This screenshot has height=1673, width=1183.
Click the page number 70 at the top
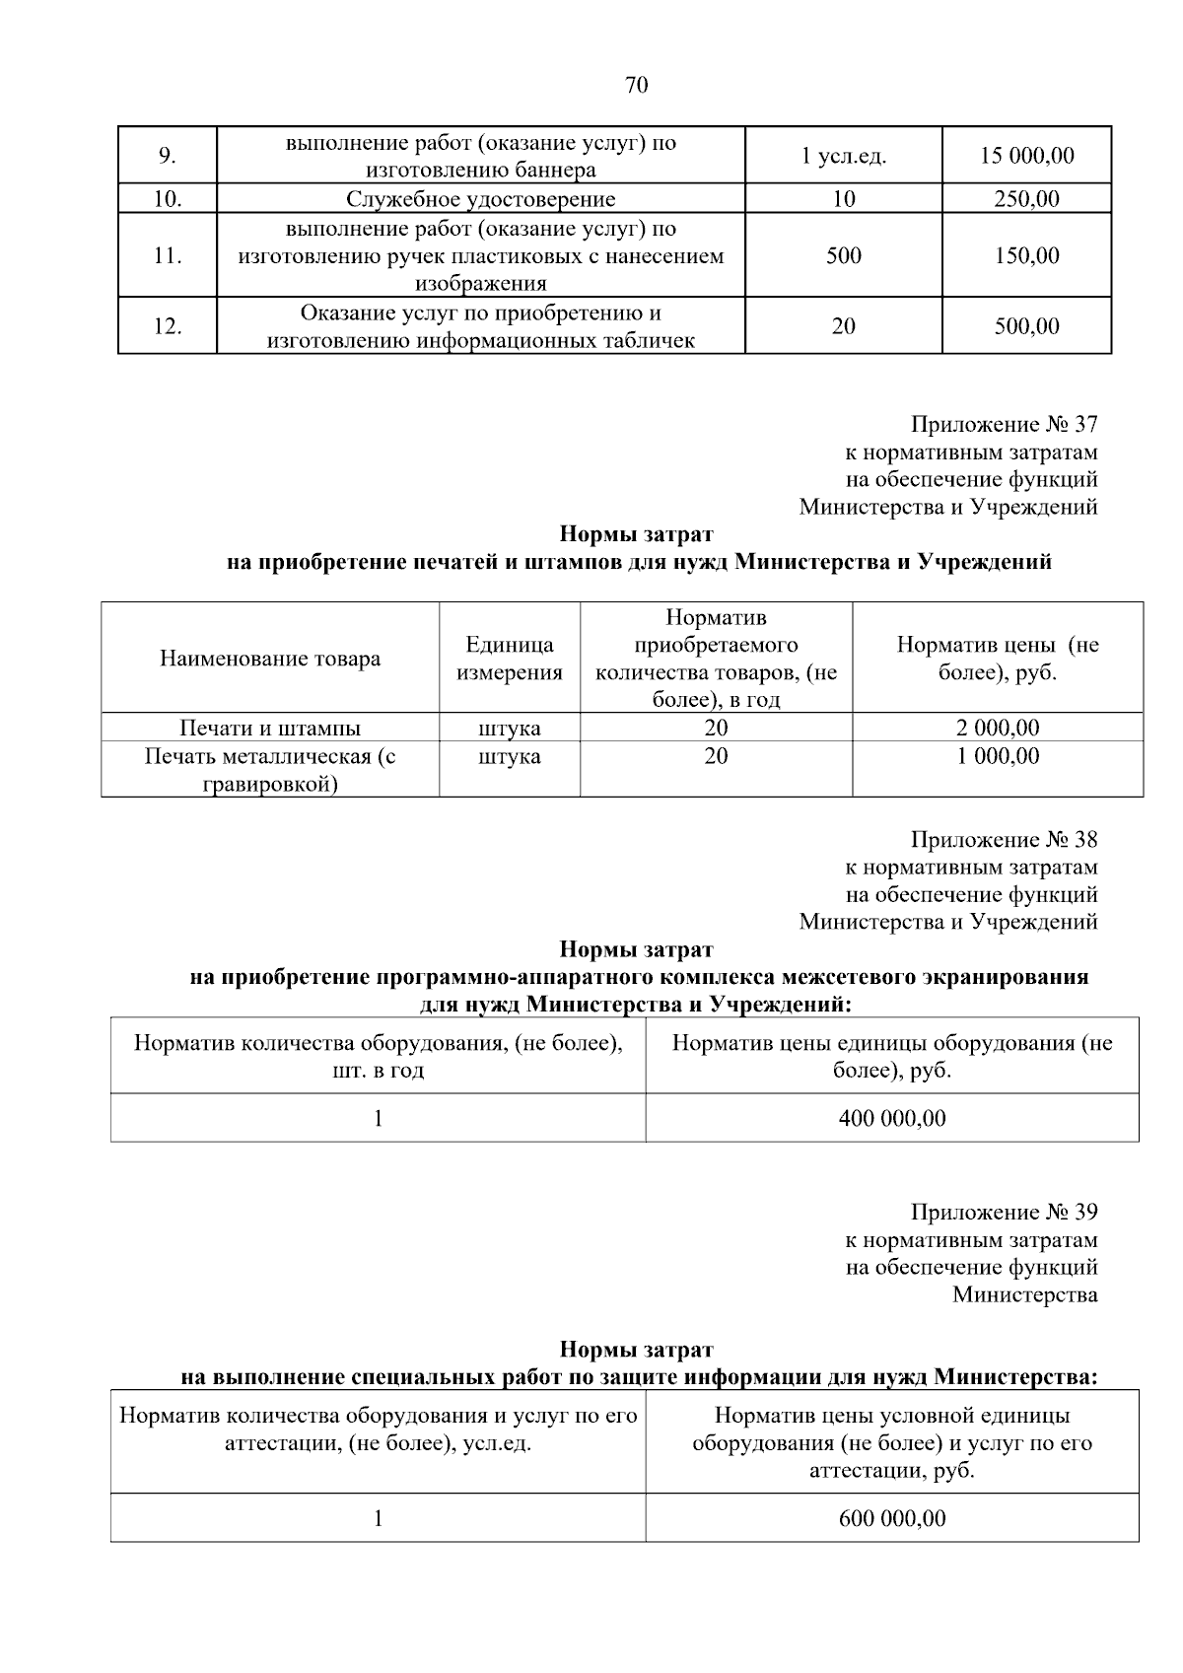pos(637,86)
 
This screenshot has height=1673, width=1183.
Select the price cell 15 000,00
pos(1026,156)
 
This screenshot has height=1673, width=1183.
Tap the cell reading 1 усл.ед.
pos(843,156)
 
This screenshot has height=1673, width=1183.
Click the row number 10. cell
pos(168,199)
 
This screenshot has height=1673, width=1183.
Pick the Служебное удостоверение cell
pos(480,199)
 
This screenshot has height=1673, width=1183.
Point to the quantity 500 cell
pos(843,256)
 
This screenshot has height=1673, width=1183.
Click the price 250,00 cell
pos(1026,199)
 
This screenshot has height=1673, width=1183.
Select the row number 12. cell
pos(168,326)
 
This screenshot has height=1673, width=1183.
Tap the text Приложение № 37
pos(1003,425)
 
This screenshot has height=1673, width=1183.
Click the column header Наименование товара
pos(270,659)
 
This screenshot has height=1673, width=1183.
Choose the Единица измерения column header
pos(509,659)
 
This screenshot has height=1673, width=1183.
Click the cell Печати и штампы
pos(270,729)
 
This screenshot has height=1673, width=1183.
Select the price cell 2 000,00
pos(997,729)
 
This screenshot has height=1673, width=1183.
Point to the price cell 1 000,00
pos(997,757)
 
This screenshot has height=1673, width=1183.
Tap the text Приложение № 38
pos(1003,840)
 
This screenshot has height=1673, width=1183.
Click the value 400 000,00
pos(891,1119)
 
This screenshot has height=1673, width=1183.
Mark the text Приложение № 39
pos(1003,1213)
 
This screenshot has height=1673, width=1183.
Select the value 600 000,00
pos(891,1519)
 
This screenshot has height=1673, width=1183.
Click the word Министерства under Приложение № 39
pos(1024,1295)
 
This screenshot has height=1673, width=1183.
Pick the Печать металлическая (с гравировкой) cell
pos(270,771)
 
